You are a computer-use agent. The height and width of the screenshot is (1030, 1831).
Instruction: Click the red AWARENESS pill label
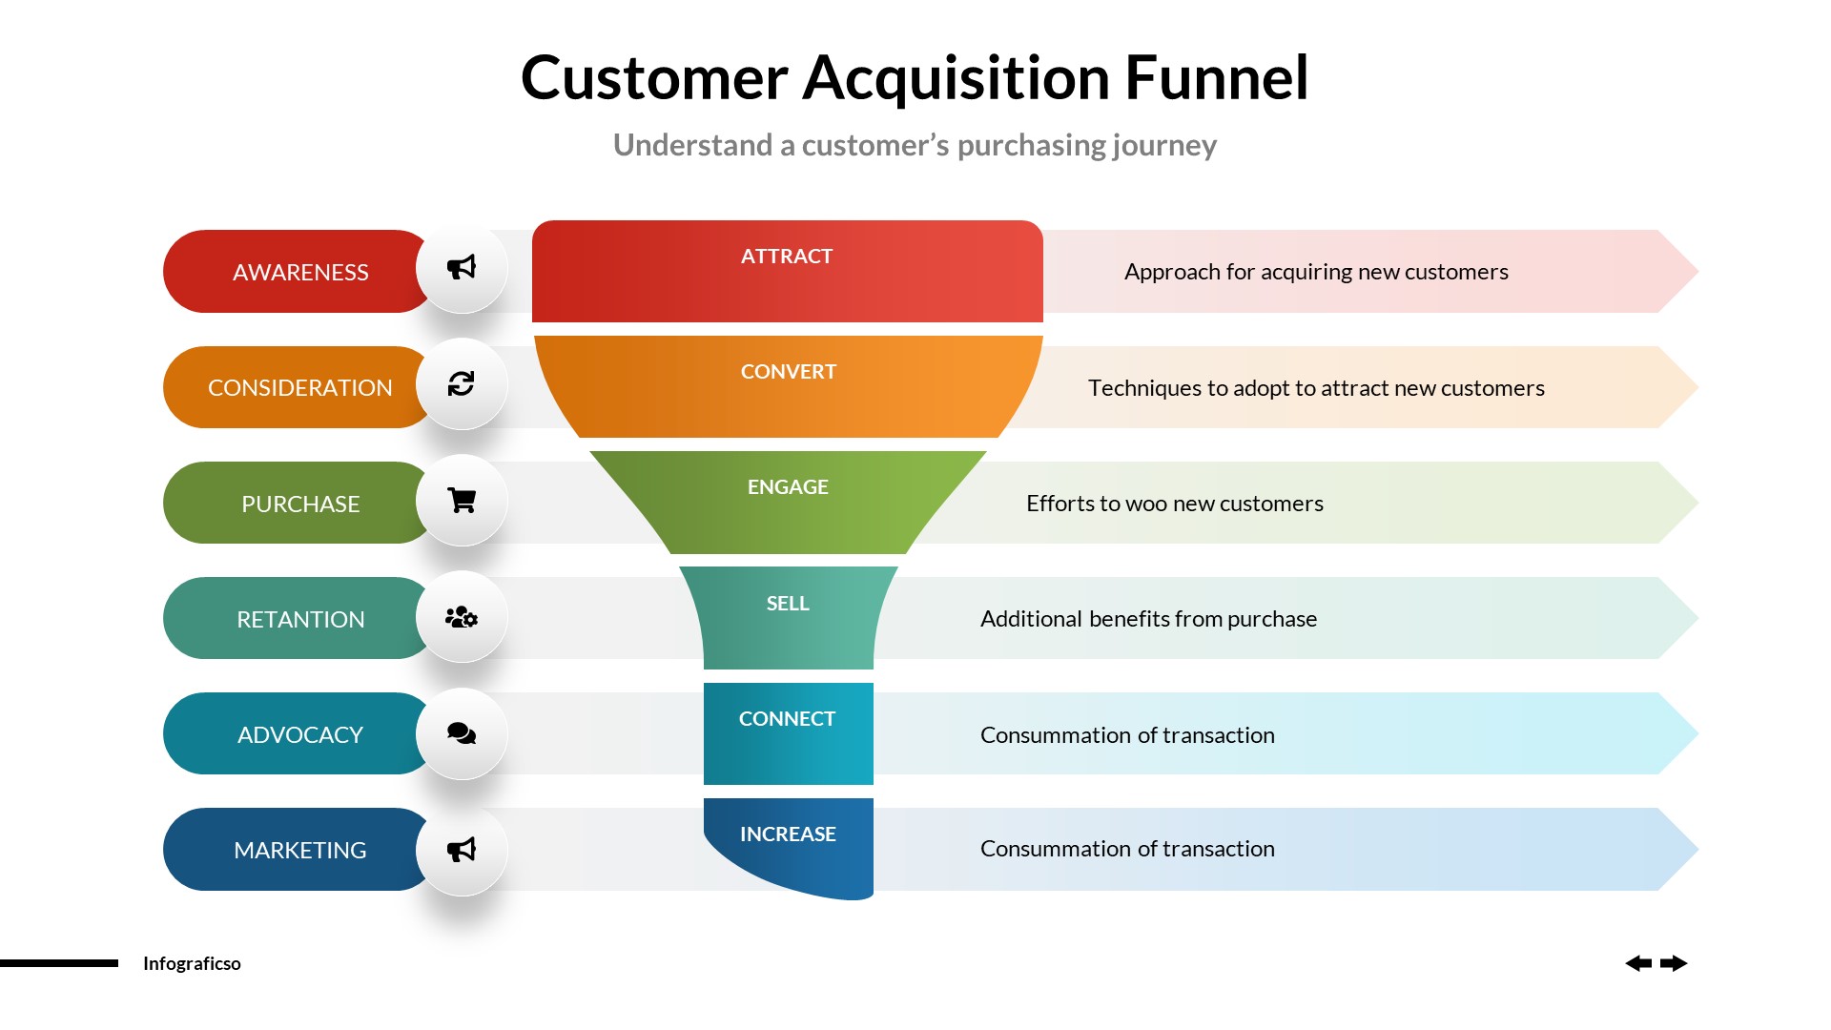pyautogui.click(x=299, y=272)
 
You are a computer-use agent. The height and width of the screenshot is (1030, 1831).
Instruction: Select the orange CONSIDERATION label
pyautogui.click(x=299, y=387)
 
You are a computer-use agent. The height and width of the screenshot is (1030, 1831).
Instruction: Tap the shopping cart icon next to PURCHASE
pyautogui.click(x=462, y=501)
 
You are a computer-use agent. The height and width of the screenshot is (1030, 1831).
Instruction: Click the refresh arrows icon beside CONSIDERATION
pyautogui.click(x=462, y=383)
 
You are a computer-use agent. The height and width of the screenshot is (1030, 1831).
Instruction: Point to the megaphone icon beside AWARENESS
pyautogui.click(x=462, y=267)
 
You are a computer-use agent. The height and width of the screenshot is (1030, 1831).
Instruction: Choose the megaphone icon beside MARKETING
pyautogui.click(x=462, y=850)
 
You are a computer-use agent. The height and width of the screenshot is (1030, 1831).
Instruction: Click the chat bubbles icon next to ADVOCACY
pyautogui.click(x=462, y=733)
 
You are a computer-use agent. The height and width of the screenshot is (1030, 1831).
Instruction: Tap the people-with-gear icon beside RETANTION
pyautogui.click(x=462, y=617)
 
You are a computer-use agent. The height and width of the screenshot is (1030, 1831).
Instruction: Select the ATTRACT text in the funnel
pyautogui.click(x=787, y=256)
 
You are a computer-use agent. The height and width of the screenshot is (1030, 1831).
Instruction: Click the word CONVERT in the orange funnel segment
pyautogui.click(x=788, y=371)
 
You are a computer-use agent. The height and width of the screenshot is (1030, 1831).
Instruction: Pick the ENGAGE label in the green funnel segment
pyautogui.click(x=788, y=486)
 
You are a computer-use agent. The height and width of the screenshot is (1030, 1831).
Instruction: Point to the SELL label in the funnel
pyautogui.click(x=788, y=603)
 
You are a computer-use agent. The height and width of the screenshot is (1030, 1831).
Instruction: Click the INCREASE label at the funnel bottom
pyautogui.click(x=788, y=834)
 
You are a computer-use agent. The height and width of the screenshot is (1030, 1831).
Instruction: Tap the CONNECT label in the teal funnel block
pyautogui.click(x=787, y=718)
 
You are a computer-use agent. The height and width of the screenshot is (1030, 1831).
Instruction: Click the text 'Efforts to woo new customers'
pyautogui.click(x=1174, y=503)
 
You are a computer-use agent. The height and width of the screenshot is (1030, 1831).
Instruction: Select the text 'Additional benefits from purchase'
pyautogui.click(x=1148, y=618)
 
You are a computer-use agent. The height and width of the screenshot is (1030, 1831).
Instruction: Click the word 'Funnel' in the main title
pyautogui.click(x=1216, y=77)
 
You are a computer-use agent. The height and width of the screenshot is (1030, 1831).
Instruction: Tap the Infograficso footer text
pyautogui.click(x=192, y=963)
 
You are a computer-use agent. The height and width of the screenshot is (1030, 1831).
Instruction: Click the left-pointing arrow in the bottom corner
pyautogui.click(x=1638, y=963)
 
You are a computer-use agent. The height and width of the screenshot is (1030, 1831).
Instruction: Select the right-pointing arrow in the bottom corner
pyautogui.click(x=1674, y=963)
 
